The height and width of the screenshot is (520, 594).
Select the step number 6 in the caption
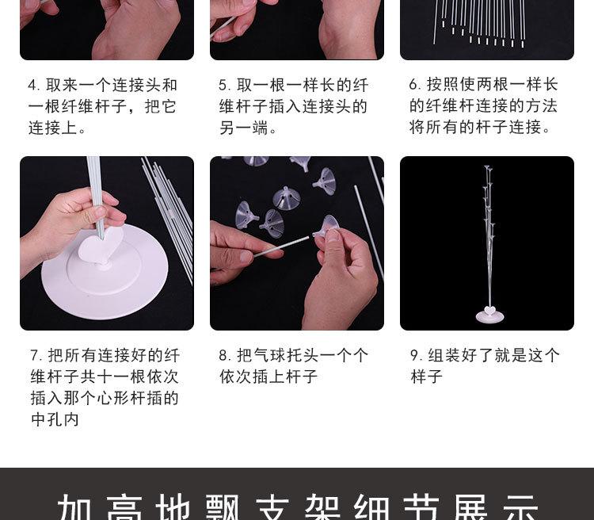(x=414, y=85)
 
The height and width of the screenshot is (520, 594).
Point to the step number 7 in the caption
(x=36, y=356)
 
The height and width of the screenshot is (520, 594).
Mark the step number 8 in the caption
(x=224, y=356)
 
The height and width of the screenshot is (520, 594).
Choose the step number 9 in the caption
(x=415, y=356)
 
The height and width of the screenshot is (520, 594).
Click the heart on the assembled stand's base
(x=489, y=310)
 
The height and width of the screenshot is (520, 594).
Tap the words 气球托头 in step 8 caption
(x=285, y=356)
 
